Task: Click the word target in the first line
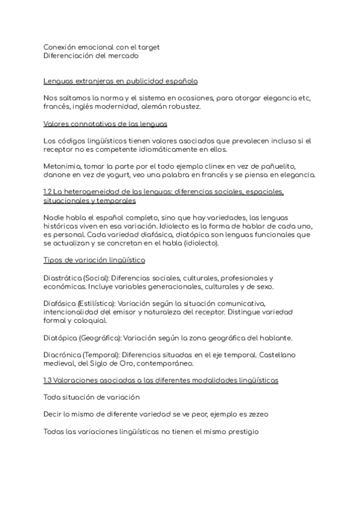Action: click(x=148, y=47)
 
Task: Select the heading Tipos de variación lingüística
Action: click(x=94, y=260)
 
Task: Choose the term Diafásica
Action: click(x=63, y=303)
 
